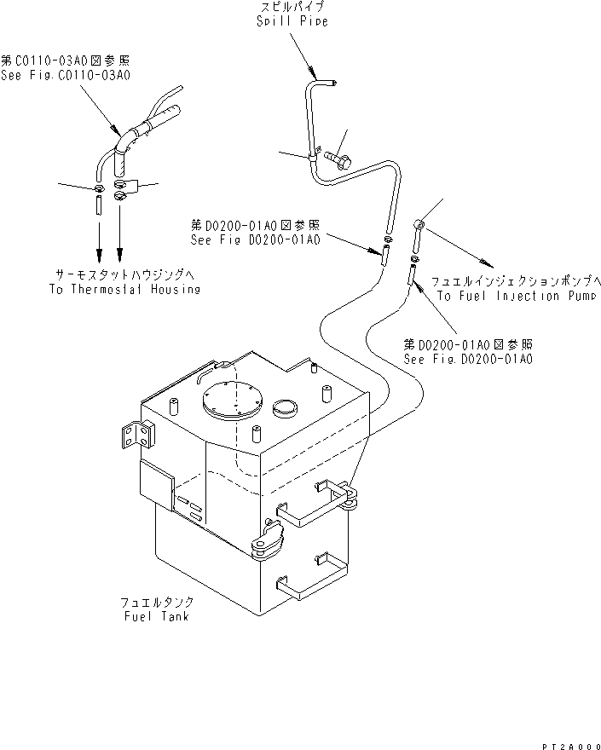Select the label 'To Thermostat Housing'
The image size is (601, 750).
click(124, 290)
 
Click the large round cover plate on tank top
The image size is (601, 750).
click(231, 401)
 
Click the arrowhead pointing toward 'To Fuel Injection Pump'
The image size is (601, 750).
click(488, 262)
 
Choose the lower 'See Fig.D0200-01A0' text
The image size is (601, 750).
click(468, 359)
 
